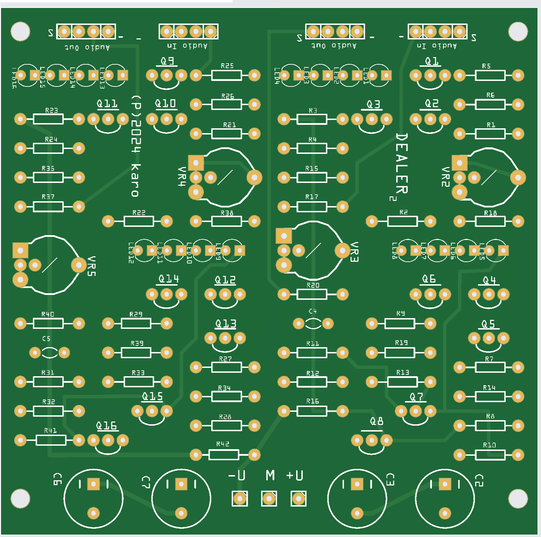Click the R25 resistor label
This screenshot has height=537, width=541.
[x=227, y=66]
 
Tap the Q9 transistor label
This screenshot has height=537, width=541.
[x=167, y=61]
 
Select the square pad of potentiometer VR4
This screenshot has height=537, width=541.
[x=196, y=163]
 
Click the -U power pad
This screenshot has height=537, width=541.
[x=239, y=499]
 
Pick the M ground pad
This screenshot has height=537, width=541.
[x=269, y=499]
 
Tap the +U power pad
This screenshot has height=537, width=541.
[x=299, y=499]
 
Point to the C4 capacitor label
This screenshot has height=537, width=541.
[x=313, y=311]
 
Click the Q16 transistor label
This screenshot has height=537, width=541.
[x=107, y=426]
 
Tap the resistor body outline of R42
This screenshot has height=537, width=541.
[x=224, y=455]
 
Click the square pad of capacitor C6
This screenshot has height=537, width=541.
[x=93, y=484]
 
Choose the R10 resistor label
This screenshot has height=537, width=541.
[x=489, y=445]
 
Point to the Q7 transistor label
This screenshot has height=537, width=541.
[x=416, y=397]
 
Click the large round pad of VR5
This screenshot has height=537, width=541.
[x=79, y=265]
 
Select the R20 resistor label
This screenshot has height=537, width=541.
[x=313, y=285]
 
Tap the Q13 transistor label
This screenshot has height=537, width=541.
[x=226, y=324]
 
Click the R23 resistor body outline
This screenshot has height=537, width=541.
[x=48, y=119]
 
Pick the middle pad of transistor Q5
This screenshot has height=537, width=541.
[x=489, y=338]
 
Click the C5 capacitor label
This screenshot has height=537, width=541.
[x=46, y=339]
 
